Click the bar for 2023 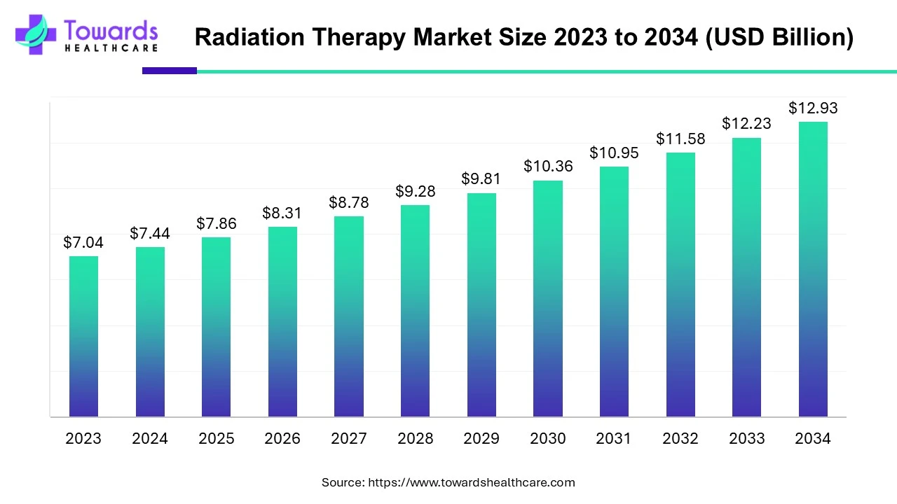click(x=83, y=336)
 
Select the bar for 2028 click(x=415, y=311)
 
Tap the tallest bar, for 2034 click(x=813, y=269)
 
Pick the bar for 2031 click(x=614, y=291)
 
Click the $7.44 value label click(x=150, y=233)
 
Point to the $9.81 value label click(x=481, y=178)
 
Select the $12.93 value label click(x=813, y=108)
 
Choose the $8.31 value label click(x=282, y=212)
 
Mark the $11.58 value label click(x=680, y=139)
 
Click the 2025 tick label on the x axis click(x=216, y=438)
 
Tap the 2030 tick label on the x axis click(x=547, y=438)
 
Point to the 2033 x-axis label click(x=746, y=438)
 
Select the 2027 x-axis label click(x=348, y=438)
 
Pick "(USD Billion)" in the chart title click(x=779, y=37)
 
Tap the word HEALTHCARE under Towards click(x=111, y=48)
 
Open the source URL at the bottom click(x=471, y=482)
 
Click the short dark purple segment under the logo click(x=170, y=71)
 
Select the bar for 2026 click(x=282, y=321)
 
